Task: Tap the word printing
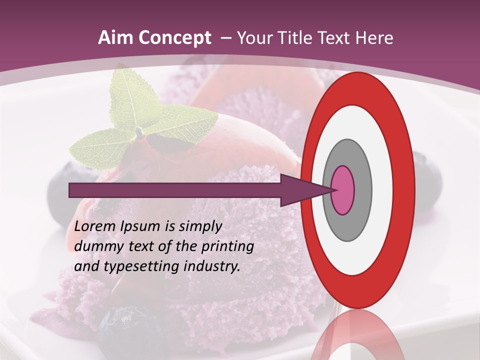(x=227, y=247)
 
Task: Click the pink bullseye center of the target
(x=343, y=190)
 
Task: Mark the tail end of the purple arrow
(x=72, y=190)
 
